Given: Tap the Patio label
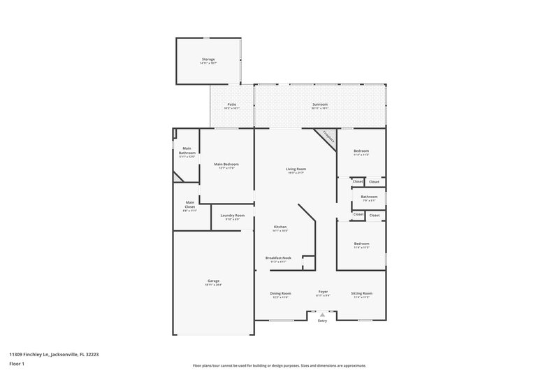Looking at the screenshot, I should tap(231, 105).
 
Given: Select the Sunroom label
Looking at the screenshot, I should tap(320, 105).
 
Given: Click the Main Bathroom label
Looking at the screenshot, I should tap(187, 150).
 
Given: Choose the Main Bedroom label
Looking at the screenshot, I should tap(225, 164).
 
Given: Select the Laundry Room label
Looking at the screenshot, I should tap(233, 216).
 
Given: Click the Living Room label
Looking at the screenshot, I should tap(296, 169).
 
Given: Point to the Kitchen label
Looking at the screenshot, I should tap(280, 227).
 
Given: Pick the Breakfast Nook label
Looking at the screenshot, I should tap(278, 258).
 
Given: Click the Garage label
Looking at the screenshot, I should tap(213, 281).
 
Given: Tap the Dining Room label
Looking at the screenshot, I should tap(281, 293).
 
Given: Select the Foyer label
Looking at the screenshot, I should tap(324, 292).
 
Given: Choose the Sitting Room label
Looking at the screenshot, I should tap(361, 293).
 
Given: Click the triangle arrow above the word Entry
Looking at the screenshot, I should tap(322, 315).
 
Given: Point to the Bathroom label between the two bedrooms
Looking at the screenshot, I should tap(369, 197).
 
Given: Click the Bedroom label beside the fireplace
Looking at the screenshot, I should tap(361, 151).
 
